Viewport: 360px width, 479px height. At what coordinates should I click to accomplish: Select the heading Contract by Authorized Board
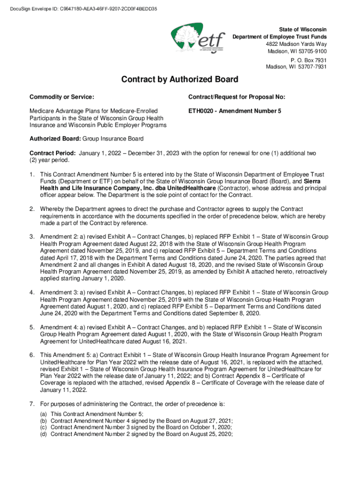click(x=180, y=80)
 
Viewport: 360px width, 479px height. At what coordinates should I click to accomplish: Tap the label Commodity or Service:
click(x=62, y=97)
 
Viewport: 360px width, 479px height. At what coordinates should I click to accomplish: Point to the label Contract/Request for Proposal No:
click(x=237, y=97)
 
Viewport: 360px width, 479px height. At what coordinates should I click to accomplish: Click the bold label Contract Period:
click(x=52, y=153)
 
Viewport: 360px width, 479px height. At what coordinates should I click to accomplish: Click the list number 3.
click(x=32, y=237)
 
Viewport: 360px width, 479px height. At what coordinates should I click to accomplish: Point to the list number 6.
click(x=32, y=355)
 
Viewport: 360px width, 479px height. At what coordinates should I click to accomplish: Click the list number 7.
click(x=32, y=404)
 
